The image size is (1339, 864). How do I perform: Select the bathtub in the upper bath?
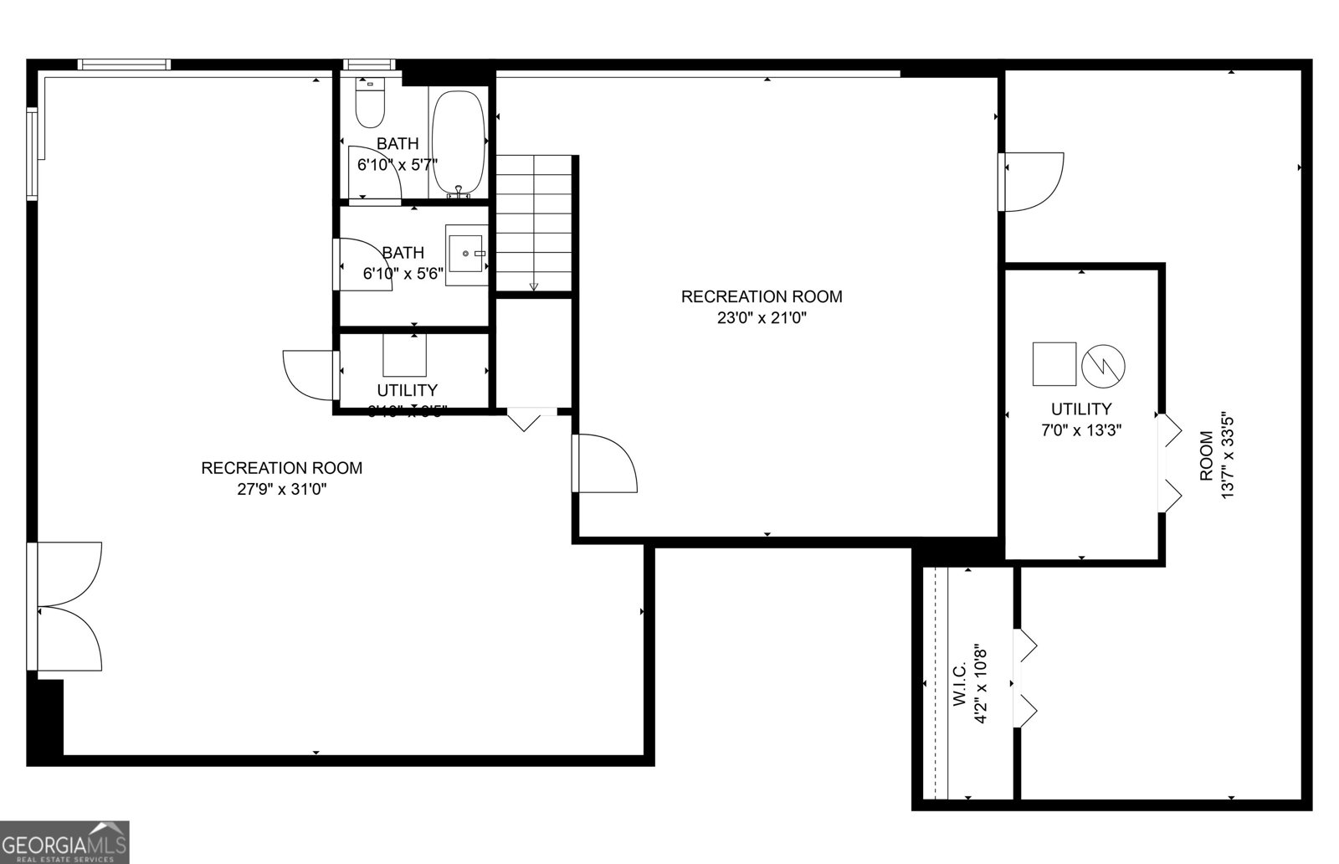459,143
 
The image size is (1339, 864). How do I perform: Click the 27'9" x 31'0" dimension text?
281,490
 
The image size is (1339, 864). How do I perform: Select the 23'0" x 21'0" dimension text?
761,318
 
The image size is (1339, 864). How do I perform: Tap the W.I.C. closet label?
960,686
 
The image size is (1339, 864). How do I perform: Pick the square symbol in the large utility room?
1054,363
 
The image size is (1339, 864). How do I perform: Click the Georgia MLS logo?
64,841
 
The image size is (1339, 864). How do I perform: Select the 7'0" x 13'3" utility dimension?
1080,430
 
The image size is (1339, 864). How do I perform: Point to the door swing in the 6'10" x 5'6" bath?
365,264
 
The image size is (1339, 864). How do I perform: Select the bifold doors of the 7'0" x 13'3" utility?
1169,463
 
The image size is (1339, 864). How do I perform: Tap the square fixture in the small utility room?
405,355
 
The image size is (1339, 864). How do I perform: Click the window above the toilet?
369,64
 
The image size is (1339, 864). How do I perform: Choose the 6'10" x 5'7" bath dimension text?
398,165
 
